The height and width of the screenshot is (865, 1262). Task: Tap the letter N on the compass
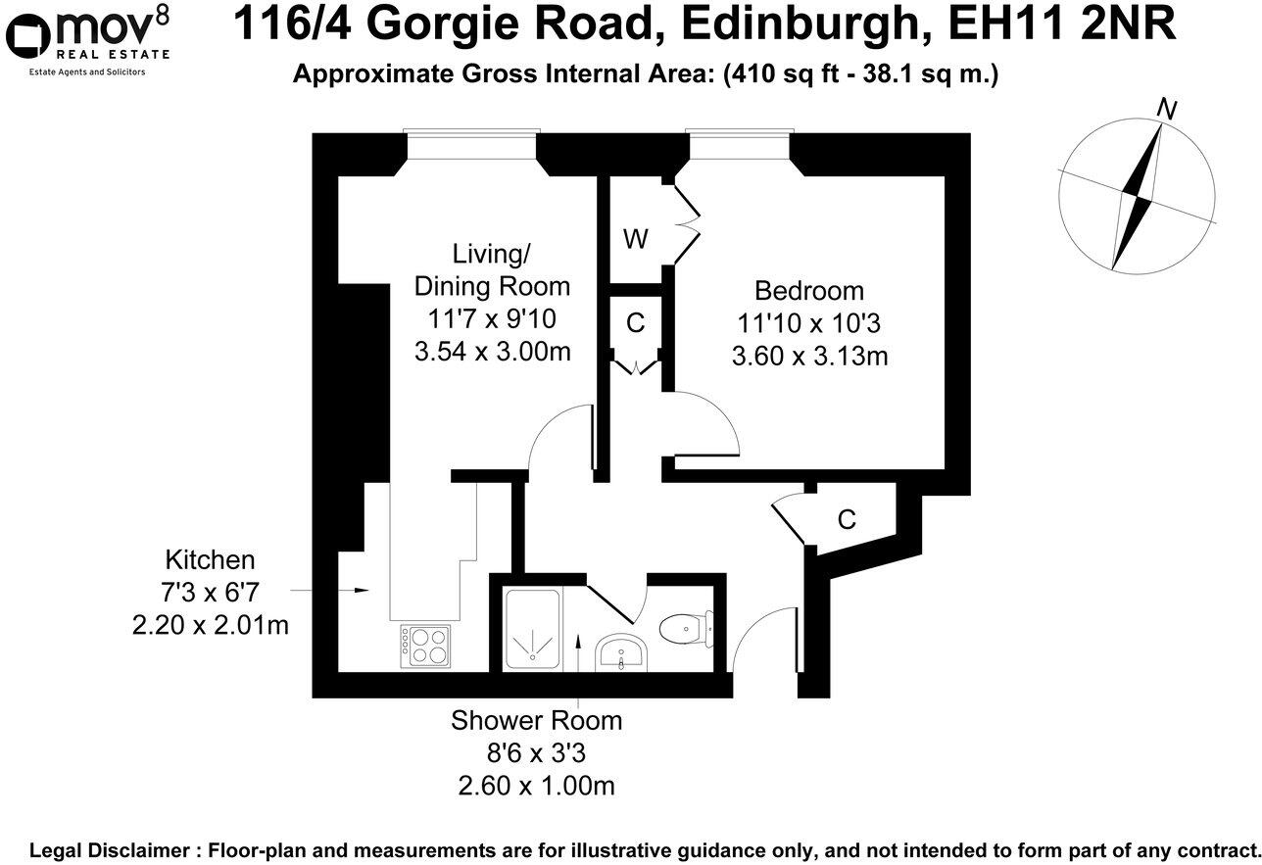(1166, 109)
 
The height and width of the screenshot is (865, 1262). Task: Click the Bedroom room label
(808, 291)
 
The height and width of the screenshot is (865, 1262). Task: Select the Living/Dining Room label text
(492, 269)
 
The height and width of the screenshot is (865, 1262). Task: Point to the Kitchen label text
(210, 560)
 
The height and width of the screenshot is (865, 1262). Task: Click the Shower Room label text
(536, 721)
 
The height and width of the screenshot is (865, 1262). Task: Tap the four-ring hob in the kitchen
(426, 647)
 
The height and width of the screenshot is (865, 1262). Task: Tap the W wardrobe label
(636, 238)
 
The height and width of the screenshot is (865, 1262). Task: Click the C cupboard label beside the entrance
(847, 520)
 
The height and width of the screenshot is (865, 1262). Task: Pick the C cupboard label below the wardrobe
(636, 322)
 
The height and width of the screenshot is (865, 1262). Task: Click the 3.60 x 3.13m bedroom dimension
(809, 357)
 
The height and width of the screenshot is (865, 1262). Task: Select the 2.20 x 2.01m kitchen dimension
(211, 625)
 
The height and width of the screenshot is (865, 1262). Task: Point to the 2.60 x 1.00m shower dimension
(536, 786)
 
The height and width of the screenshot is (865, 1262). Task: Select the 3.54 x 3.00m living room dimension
(493, 351)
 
